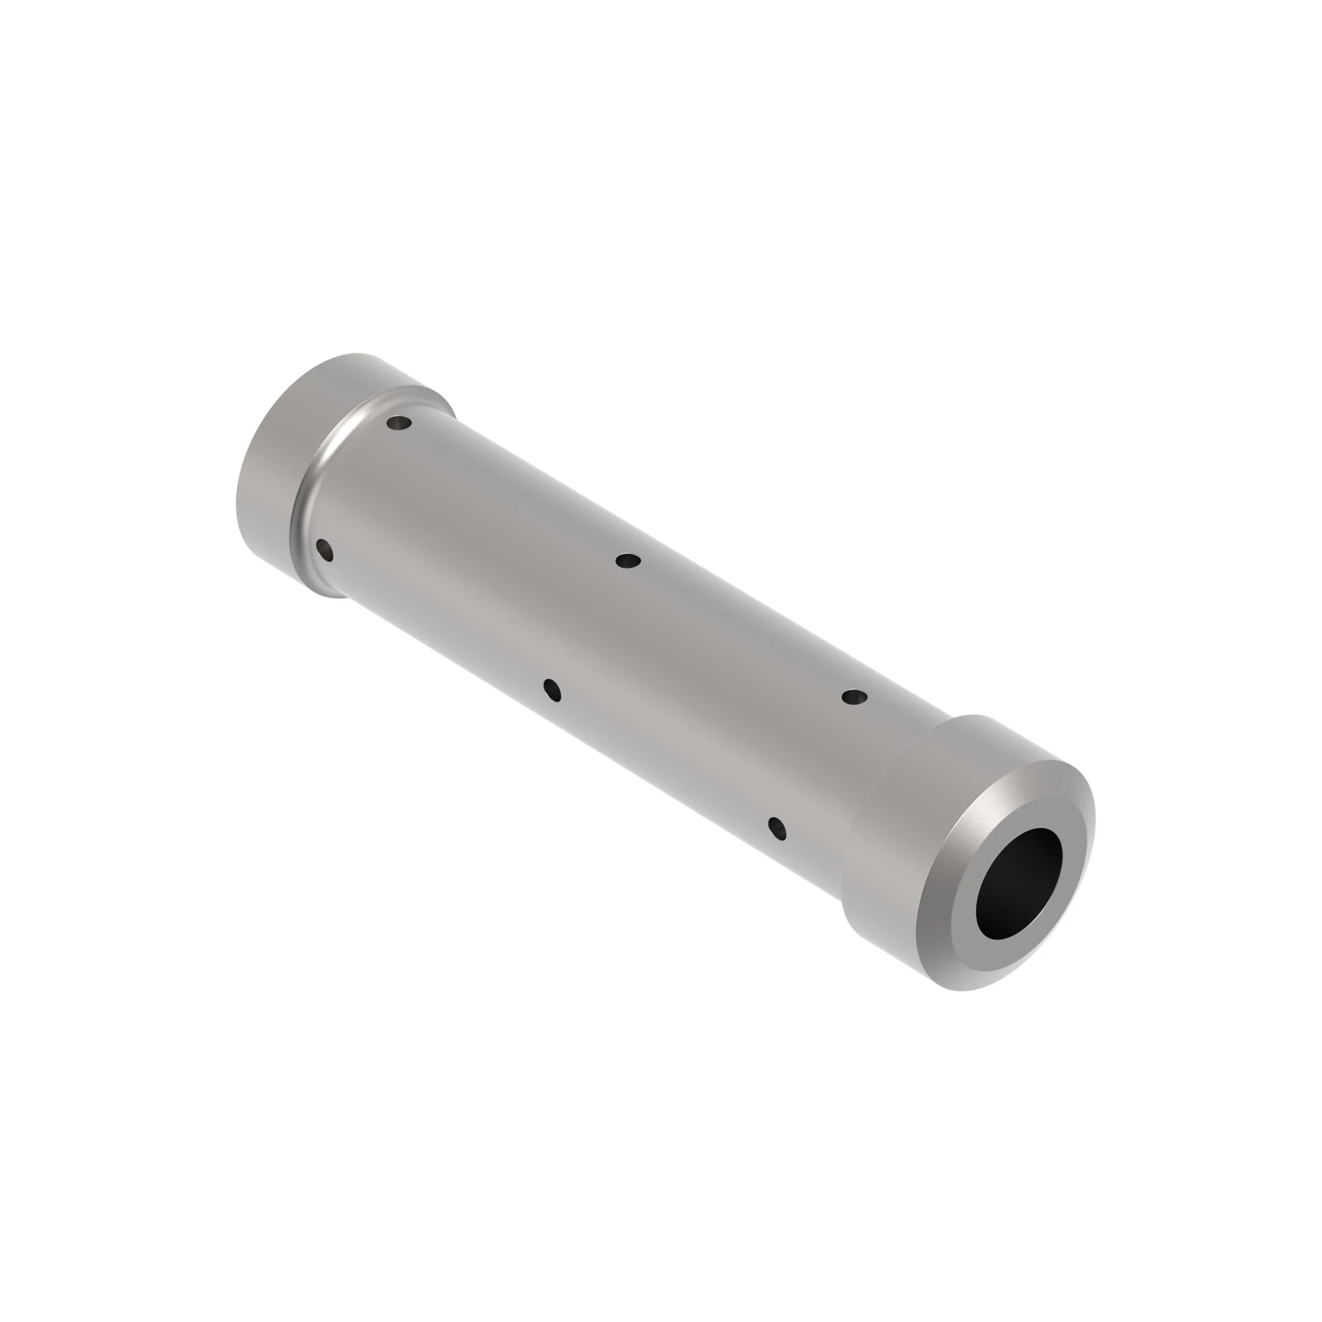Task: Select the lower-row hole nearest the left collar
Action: point(325,549)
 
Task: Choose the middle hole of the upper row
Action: point(627,561)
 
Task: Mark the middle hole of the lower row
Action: point(552,689)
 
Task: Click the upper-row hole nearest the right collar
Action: point(854,697)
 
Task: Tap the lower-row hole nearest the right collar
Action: point(777,828)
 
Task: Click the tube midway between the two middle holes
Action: point(590,625)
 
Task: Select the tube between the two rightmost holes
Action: point(816,762)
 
